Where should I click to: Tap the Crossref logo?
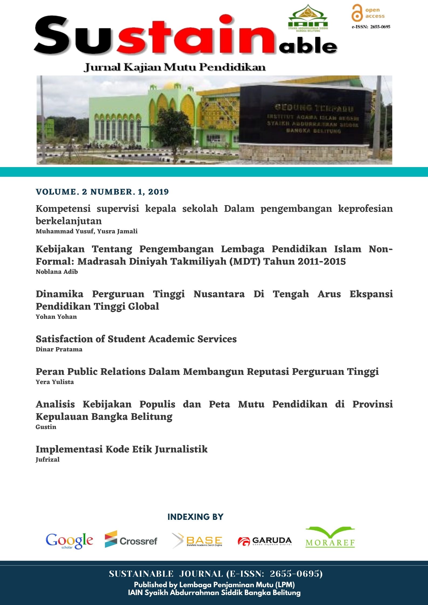pos(131,540)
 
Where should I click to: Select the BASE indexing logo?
pos(197,541)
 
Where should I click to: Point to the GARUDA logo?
pos(265,541)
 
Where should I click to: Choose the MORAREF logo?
pos(330,537)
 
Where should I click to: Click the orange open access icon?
pos(357,13)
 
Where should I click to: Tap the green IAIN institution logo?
pos(308,18)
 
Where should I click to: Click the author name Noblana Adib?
pos(57,272)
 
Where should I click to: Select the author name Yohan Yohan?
pos(56,317)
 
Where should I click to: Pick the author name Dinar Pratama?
pos(59,349)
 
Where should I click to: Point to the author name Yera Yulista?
pos(54,382)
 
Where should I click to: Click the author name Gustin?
pos(46,427)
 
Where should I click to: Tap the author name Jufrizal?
pos(47,459)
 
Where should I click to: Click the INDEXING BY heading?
pos(196,517)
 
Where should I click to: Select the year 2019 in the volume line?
pos(158,192)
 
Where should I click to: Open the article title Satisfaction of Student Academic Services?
pos(136,339)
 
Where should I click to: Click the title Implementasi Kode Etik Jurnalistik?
pos(122,449)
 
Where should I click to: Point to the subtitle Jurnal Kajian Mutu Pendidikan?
pos(175,67)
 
